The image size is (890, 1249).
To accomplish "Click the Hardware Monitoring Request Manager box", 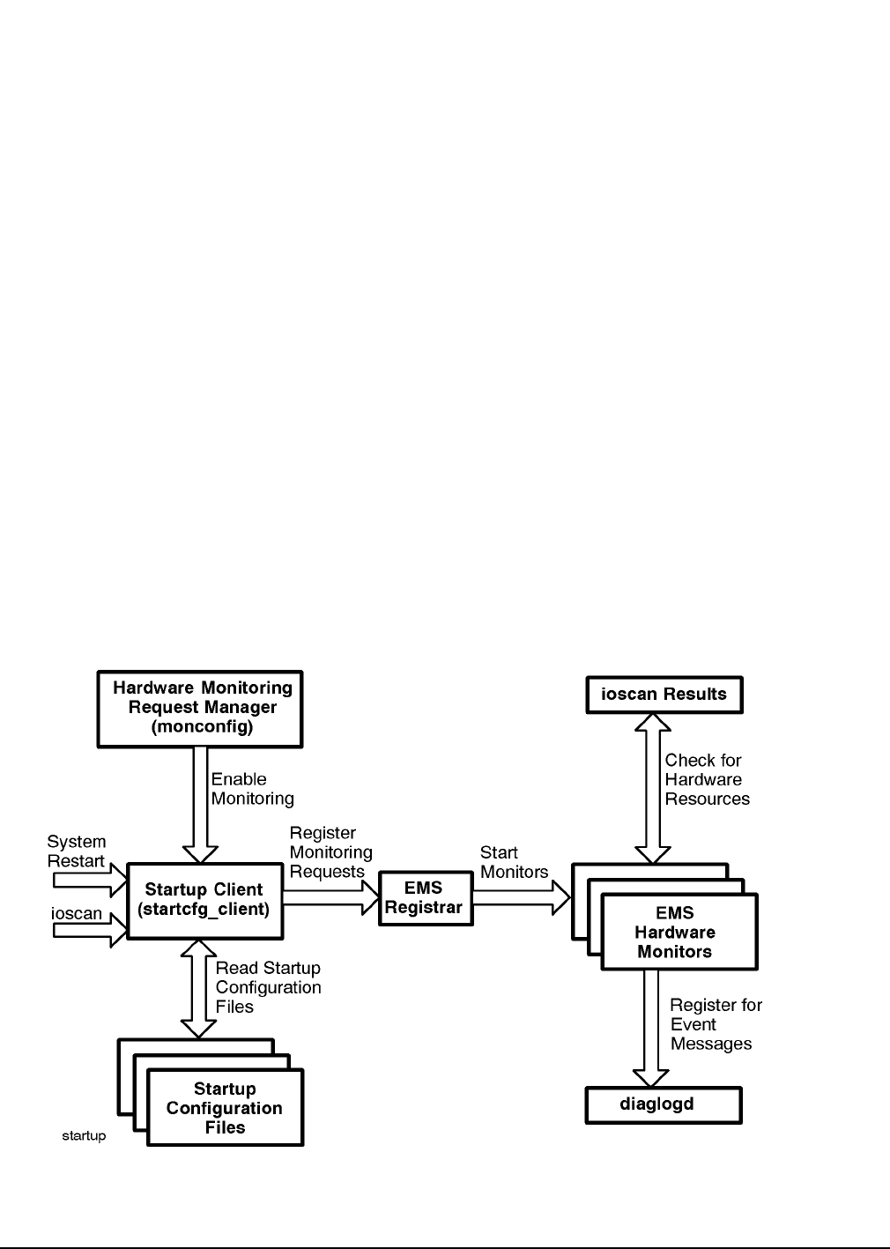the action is [x=200, y=709].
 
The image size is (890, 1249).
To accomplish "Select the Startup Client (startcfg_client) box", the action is [x=205, y=901].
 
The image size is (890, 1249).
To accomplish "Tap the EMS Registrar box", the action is [x=426, y=898].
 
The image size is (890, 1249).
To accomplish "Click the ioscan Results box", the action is [x=664, y=695].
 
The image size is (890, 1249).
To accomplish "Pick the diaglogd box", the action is [x=664, y=1105].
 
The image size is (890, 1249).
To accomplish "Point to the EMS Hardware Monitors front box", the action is [x=679, y=932].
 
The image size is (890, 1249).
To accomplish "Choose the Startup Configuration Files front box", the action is [x=226, y=1107].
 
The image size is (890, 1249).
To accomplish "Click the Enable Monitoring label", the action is [x=252, y=788].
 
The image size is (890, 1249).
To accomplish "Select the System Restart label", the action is [x=77, y=851].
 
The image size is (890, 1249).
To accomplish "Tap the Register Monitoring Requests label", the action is [x=331, y=852].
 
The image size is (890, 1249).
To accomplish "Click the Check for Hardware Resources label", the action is [x=708, y=779].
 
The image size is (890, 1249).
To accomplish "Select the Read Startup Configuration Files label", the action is [x=268, y=987].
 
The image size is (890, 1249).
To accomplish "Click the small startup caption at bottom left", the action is [x=84, y=1136].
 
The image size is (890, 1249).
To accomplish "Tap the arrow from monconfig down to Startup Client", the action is [x=201, y=805].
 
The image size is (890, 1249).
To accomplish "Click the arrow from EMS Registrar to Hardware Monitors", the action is [x=522, y=897].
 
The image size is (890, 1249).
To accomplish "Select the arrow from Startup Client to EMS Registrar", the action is [x=331, y=897].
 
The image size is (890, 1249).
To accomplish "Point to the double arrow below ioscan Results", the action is [x=653, y=788].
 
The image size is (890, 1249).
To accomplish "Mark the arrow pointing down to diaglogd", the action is [x=651, y=1028].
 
